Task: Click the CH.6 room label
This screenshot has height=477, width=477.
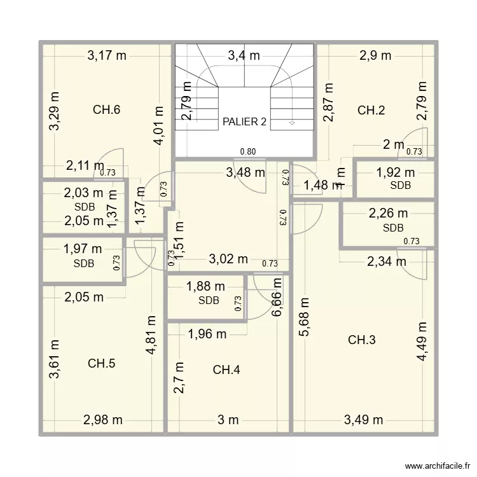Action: click(x=106, y=109)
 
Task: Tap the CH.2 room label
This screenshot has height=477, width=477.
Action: click(x=371, y=110)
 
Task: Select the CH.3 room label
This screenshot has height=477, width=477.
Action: click(x=361, y=340)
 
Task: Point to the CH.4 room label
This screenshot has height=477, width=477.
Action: click(x=226, y=370)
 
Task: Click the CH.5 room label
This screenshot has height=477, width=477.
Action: click(x=101, y=364)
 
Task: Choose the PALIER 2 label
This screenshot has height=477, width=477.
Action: click(x=245, y=121)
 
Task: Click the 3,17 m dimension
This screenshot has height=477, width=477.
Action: click(x=107, y=55)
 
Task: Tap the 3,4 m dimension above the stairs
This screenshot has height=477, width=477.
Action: click(x=244, y=55)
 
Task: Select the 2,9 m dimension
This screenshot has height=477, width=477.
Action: click(x=375, y=55)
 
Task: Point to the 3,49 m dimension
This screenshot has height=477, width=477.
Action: click(x=363, y=419)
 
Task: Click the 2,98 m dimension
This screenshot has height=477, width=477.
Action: click(x=102, y=419)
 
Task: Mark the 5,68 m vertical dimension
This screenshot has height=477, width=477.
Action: click(x=304, y=318)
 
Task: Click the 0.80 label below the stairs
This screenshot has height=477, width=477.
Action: click(x=248, y=151)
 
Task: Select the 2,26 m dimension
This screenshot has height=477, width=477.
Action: click(x=389, y=214)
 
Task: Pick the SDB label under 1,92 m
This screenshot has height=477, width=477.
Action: click(x=401, y=185)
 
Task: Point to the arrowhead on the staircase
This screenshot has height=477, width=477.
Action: click(x=291, y=123)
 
